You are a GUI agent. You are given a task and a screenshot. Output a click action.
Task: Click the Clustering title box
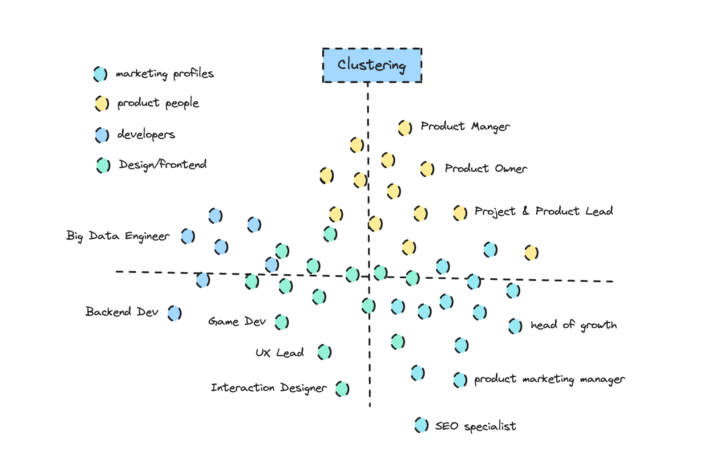click(x=372, y=65)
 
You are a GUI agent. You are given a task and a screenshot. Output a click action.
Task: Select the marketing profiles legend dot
click(x=100, y=74)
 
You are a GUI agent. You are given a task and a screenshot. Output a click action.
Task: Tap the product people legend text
click(x=158, y=103)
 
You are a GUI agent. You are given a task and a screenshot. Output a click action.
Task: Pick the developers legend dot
click(x=102, y=134)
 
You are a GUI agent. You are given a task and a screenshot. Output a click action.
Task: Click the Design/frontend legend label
click(x=162, y=165)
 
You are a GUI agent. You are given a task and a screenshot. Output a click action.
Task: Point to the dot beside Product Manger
click(x=405, y=128)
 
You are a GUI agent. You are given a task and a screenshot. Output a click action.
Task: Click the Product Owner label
click(x=486, y=169)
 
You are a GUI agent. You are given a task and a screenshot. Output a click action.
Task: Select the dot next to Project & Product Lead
click(x=460, y=213)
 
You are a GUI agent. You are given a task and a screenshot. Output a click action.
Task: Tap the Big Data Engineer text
click(x=118, y=236)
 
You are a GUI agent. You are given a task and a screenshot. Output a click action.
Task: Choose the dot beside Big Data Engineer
click(x=188, y=236)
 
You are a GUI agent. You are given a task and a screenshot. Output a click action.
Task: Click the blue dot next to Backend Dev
click(x=174, y=313)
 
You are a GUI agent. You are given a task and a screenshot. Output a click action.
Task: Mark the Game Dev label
click(x=237, y=321)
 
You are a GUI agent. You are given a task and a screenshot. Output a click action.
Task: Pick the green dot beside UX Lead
click(x=324, y=352)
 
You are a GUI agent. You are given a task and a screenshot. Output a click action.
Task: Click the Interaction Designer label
click(x=268, y=388)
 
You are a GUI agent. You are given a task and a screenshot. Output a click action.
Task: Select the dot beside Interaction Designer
click(x=342, y=389)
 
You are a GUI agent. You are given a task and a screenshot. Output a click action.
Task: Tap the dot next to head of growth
click(x=515, y=326)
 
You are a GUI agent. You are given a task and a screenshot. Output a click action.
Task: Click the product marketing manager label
click(x=549, y=379)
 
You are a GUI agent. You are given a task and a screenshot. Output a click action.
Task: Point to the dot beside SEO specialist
click(x=421, y=425)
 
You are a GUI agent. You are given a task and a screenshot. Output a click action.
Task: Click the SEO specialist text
click(x=475, y=427)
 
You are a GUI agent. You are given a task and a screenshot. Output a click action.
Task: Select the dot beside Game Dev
click(x=282, y=321)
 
